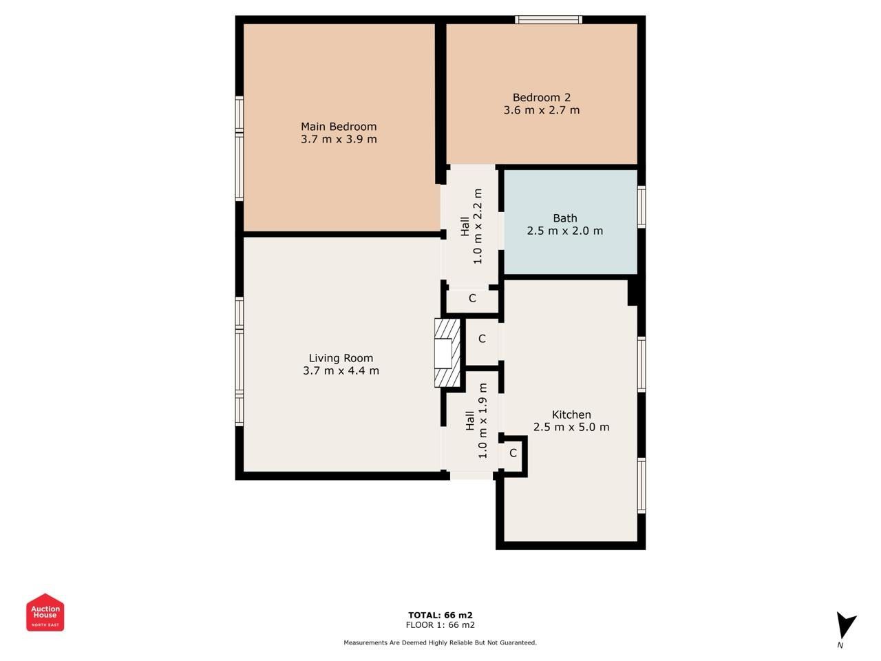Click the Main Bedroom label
pyautogui.click(x=339, y=127)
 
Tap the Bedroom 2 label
pyautogui.click(x=542, y=98)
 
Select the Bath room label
pyautogui.click(x=565, y=218)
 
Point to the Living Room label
pyautogui.click(x=341, y=358)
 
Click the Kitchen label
pyautogui.click(x=571, y=415)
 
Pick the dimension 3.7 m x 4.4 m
pyautogui.click(x=341, y=370)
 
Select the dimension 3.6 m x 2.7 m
pyautogui.click(x=542, y=110)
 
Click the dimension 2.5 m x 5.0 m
pyautogui.click(x=571, y=427)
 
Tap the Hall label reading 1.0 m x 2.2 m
pyautogui.click(x=471, y=227)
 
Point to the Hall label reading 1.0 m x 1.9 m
pyautogui.click(x=476, y=420)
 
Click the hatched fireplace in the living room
pyautogui.click(x=447, y=353)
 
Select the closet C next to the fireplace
pyautogui.click(x=482, y=339)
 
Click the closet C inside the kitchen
pyautogui.click(x=513, y=453)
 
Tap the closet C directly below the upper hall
pyautogui.click(x=472, y=298)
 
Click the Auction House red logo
pyautogui.click(x=45, y=612)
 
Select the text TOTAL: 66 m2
pyautogui.click(x=440, y=615)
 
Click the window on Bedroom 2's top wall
pyautogui.click(x=549, y=20)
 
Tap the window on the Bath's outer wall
pyautogui.click(x=641, y=207)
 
